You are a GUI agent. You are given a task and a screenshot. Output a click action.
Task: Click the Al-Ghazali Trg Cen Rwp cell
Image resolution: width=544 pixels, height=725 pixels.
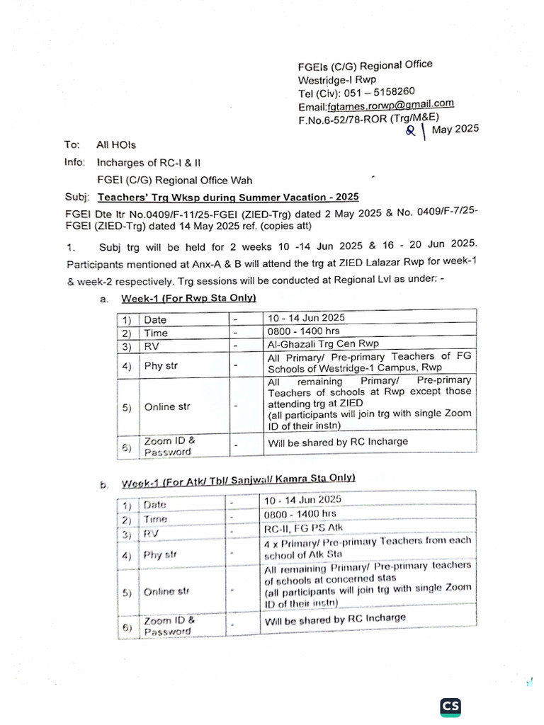pyautogui.click(x=323, y=344)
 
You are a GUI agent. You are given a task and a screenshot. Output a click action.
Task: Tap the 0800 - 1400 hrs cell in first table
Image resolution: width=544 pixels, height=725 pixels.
pyautogui.click(x=304, y=331)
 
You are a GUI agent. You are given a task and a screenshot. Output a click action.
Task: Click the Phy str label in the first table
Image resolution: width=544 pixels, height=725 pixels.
pyautogui.click(x=161, y=365)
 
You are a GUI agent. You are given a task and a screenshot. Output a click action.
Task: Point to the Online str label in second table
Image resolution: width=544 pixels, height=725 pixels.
pyautogui.click(x=166, y=591)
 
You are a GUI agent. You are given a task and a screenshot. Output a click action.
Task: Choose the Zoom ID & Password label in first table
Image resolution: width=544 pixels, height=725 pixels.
pyautogui.click(x=167, y=445)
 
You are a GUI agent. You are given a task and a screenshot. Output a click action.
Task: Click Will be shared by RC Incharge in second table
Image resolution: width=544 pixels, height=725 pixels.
pyautogui.click(x=335, y=618)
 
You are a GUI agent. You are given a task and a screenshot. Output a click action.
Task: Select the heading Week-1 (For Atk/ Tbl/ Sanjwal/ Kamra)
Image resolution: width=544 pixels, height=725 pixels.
pyautogui.click(x=238, y=481)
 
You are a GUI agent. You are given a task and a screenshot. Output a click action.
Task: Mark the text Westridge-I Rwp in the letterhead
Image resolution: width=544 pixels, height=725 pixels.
pyautogui.click(x=337, y=79)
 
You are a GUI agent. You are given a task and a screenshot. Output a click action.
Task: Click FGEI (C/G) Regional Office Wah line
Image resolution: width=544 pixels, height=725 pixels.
pyautogui.click(x=174, y=180)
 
